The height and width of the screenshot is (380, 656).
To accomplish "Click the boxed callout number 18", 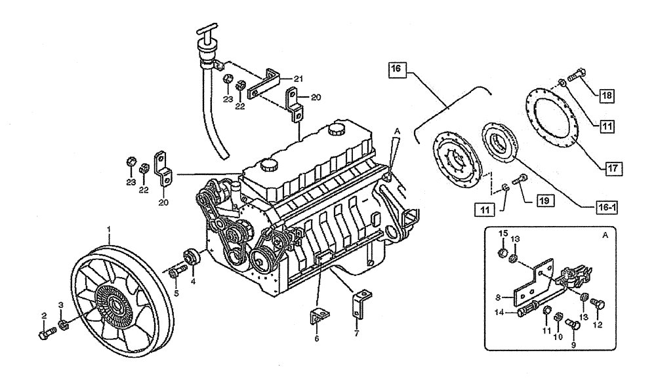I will click(608, 94).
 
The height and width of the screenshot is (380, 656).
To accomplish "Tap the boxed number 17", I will click(613, 168).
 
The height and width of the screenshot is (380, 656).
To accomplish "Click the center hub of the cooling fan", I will click(116, 303).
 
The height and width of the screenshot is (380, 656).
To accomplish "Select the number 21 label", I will click(298, 79).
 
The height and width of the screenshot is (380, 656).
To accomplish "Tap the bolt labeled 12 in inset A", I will click(597, 303).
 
